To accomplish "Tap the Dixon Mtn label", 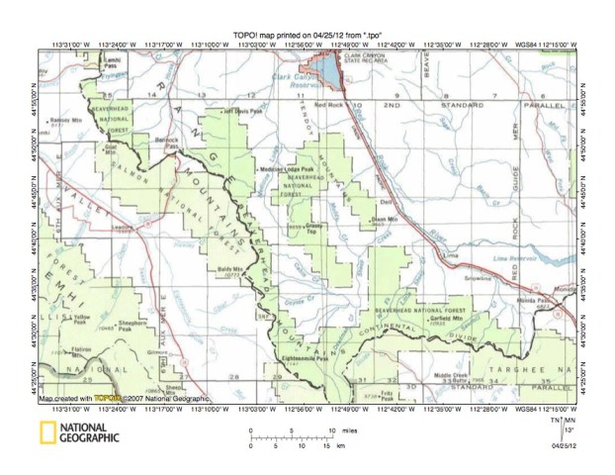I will coord(384,219).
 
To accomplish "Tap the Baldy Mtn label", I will coord(228,268).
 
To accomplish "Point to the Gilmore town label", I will coord(154,353).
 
